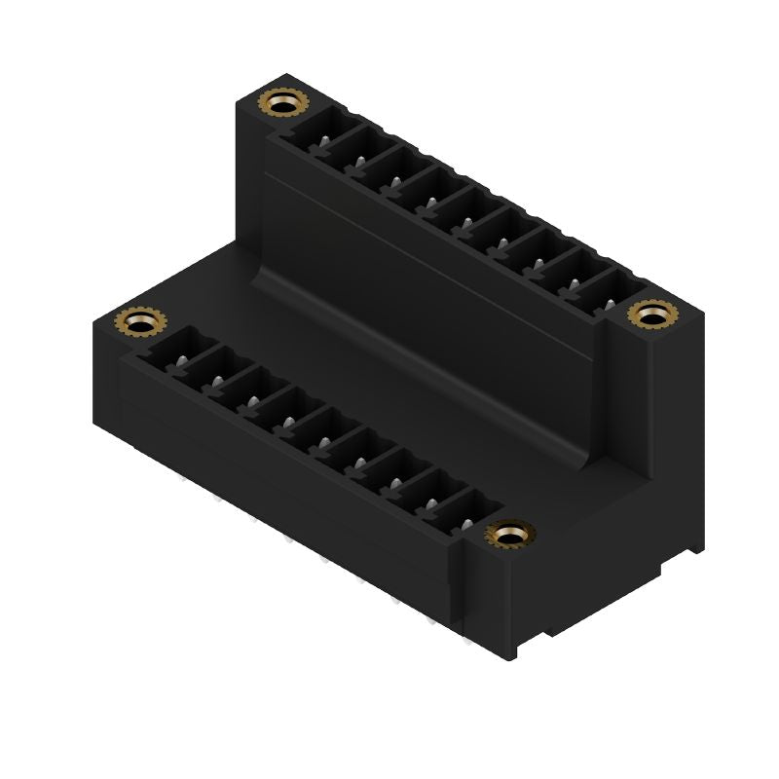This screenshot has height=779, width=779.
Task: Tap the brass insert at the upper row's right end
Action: point(651,315)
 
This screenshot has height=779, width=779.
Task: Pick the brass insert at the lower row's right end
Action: point(510,534)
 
